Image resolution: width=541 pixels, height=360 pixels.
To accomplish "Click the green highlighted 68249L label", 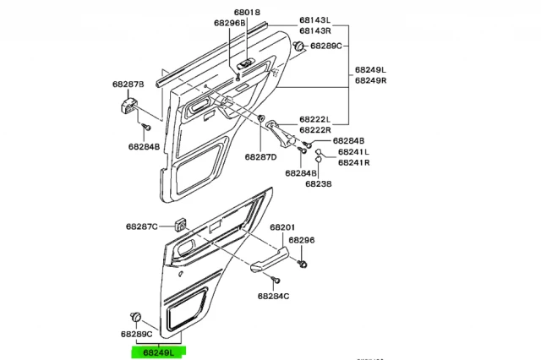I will pos(158,351).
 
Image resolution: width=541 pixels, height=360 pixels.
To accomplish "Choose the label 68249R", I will pos(369,80).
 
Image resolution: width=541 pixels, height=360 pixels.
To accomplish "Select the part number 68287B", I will pos(128,85).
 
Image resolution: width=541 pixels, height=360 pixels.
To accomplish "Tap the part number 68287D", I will pos(261,157).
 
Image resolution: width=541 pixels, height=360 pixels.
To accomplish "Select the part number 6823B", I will pos(319,183).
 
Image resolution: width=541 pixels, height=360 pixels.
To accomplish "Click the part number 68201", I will pos(282,228).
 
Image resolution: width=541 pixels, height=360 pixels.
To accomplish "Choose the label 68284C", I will pos(273,296).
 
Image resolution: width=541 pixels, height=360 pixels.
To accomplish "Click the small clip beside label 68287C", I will pos(179,225).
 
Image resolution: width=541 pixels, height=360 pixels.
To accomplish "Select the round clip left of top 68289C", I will pos(298,46).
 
